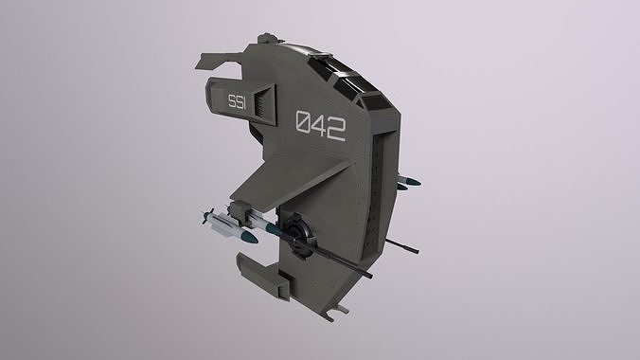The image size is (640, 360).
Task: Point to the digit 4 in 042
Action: tap(320, 126)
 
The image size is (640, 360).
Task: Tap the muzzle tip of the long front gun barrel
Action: tap(370, 278)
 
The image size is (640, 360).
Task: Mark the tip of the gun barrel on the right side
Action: tap(417, 250)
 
